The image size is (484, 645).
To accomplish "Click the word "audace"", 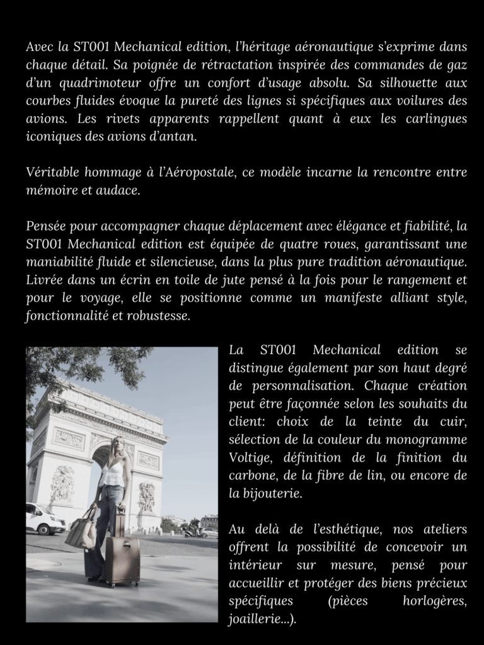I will click(118, 190).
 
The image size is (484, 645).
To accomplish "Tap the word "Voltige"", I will click(249, 457).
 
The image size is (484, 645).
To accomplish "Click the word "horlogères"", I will click(434, 601).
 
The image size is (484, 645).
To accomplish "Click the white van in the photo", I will click(44, 518).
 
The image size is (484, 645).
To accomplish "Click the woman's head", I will click(116, 448).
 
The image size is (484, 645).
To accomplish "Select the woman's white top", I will click(113, 474).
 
